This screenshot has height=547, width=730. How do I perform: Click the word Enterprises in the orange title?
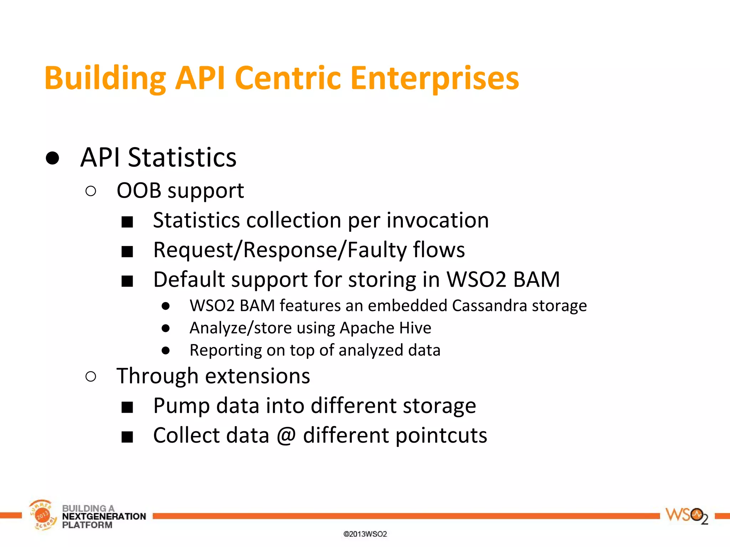[435, 78]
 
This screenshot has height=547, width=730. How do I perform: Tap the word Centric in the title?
[288, 78]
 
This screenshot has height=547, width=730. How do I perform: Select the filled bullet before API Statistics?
[52, 158]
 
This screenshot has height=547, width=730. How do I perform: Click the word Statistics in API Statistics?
[182, 158]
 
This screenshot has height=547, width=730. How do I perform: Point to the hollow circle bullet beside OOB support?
[91, 191]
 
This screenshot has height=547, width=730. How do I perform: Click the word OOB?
[139, 191]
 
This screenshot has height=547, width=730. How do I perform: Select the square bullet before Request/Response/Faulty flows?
[127, 251]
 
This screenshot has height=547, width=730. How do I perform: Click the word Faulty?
[377, 250]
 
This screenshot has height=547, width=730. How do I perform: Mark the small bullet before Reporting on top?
[165, 350]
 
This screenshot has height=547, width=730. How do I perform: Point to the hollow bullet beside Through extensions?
[91, 376]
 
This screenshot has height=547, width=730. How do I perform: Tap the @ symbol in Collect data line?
[286, 436]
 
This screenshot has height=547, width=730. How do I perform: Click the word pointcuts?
[441, 436]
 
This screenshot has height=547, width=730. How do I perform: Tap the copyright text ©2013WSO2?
[365, 534]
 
